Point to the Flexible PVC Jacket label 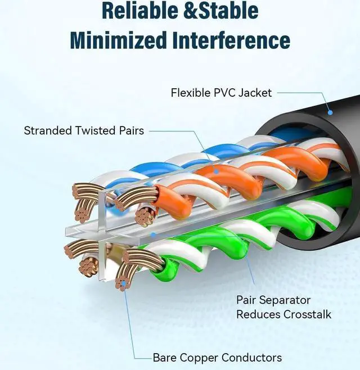tap(221, 92)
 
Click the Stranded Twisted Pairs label tap(84, 130)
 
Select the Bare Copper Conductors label tap(217, 357)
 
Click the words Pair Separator tap(273, 300)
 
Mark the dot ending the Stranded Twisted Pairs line tap(216, 169)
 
